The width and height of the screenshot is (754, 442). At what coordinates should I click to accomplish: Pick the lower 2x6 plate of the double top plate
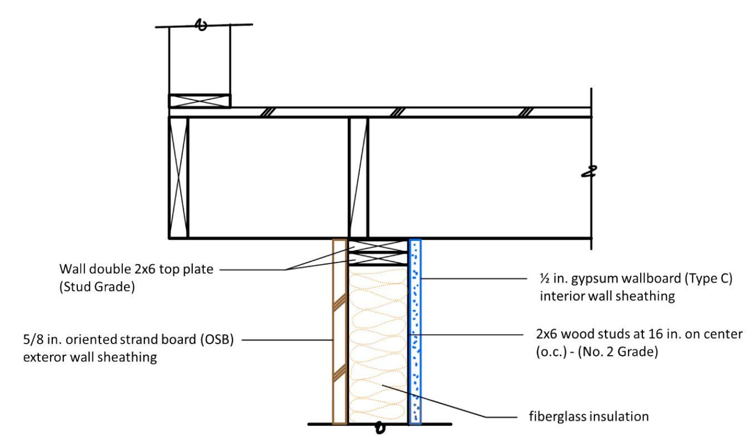(378, 259)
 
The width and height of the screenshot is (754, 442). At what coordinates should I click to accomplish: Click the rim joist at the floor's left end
(178, 177)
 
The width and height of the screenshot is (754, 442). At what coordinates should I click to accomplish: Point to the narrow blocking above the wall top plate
(358, 177)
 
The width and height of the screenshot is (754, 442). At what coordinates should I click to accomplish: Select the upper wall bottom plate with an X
(199, 101)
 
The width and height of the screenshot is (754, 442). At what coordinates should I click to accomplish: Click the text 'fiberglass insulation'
(588, 415)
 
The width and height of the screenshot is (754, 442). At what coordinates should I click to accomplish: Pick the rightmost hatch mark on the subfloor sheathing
(524, 112)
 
